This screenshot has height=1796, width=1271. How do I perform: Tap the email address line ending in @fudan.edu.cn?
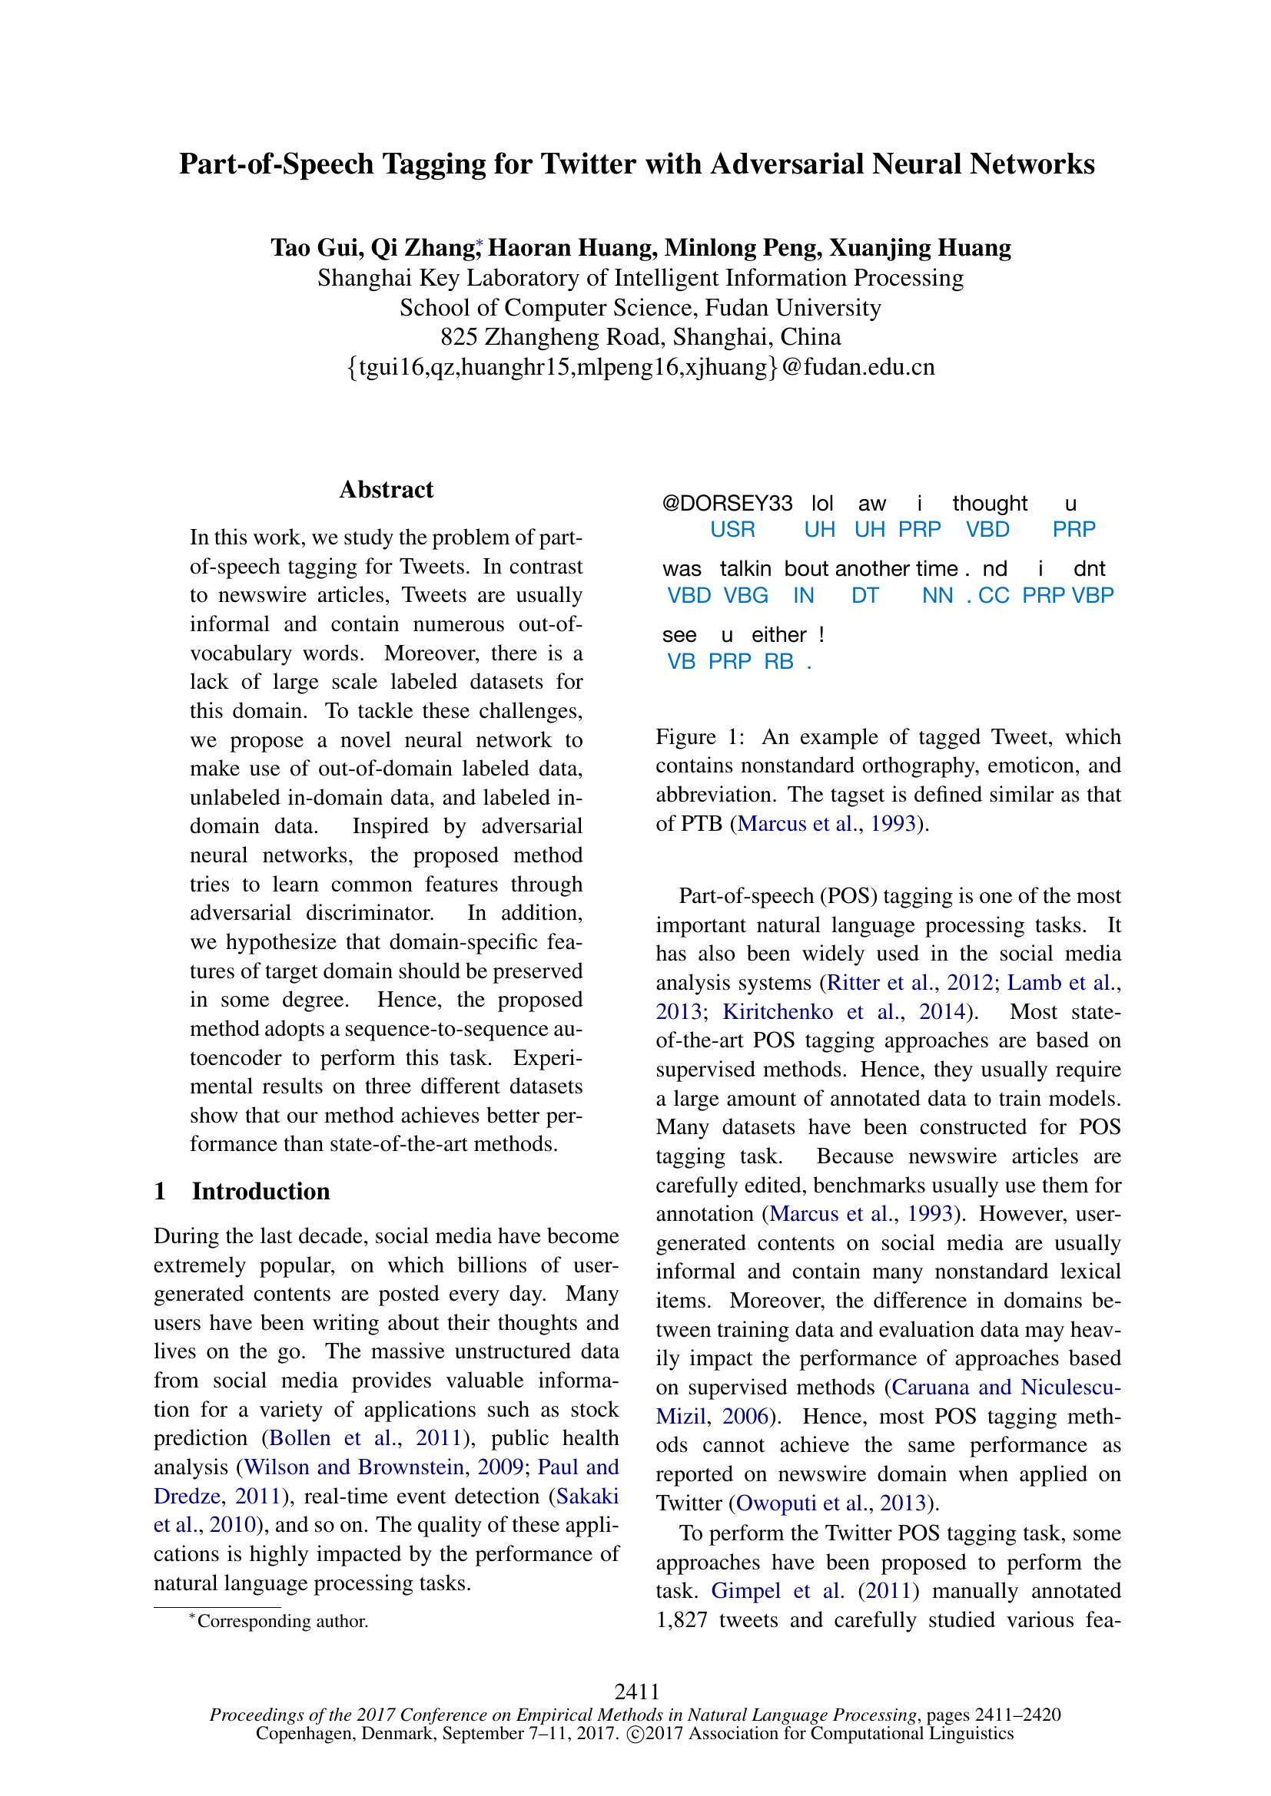tap(640, 367)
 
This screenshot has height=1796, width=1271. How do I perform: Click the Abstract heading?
tap(386, 490)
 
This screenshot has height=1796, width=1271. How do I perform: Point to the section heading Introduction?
tap(261, 1192)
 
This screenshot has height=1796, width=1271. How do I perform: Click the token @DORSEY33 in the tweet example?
tap(727, 504)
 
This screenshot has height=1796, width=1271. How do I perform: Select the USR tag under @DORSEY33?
tap(732, 530)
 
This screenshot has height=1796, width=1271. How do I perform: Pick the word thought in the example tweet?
tap(989, 504)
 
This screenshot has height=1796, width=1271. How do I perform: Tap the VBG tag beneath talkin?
tap(745, 596)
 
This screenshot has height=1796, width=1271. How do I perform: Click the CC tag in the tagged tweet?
tap(993, 596)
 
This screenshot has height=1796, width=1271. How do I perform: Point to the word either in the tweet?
tap(778, 634)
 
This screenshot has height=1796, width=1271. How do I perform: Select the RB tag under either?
tap(778, 662)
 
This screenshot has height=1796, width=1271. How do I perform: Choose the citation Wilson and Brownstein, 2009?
tap(383, 1467)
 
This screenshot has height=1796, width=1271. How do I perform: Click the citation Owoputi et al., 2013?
tap(831, 1503)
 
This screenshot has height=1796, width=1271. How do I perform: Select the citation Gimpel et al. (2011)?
tap(814, 1591)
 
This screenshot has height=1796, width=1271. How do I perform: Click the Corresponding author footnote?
tap(282, 1621)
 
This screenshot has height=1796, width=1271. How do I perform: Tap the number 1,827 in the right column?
tap(682, 1620)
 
